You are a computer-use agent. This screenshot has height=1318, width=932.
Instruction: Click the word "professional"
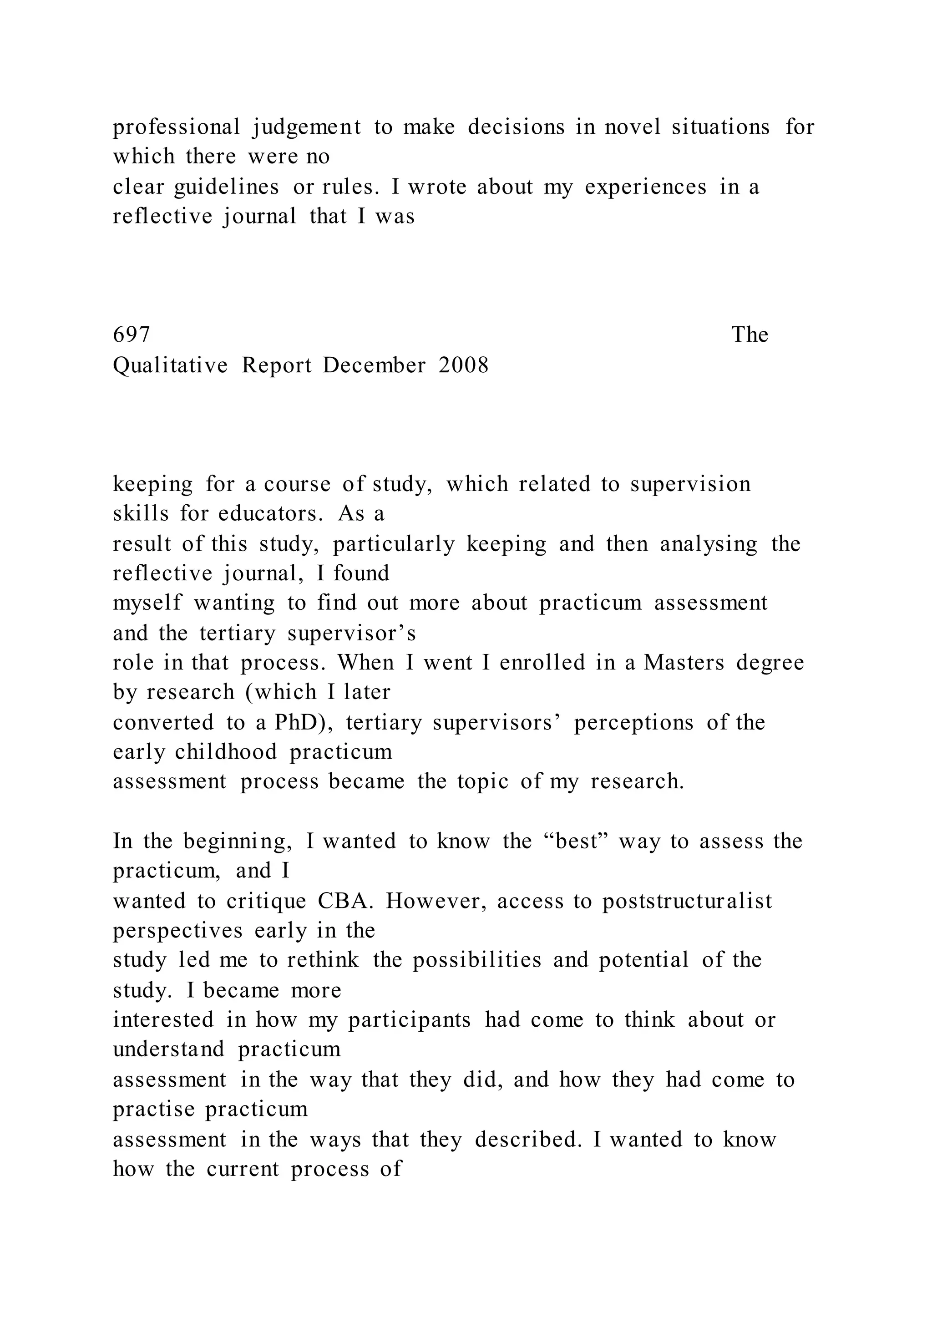pyautogui.click(x=176, y=127)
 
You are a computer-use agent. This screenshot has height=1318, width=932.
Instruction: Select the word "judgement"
pyautogui.click(x=307, y=127)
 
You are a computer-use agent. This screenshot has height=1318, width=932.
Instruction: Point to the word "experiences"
pyautogui.click(x=646, y=187)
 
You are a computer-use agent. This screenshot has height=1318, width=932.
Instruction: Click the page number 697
pyautogui.click(x=132, y=335)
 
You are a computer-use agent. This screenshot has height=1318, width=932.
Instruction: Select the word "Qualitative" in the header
pyautogui.click(x=171, y=365)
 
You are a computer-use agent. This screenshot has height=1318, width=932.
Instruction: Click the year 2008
pyautogui.click(x=464, y=365)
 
